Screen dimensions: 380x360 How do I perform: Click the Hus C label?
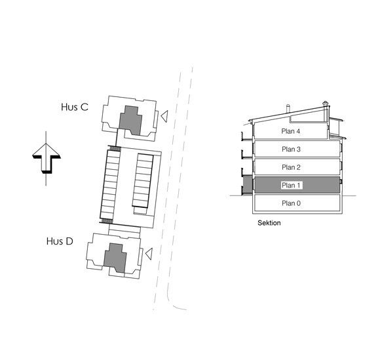pyautogui.click(x=75, y=107)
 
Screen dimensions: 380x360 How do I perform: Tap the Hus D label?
pyautogui.click(x=60, y=241)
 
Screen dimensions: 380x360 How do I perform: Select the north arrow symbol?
pyautogui.click(x=46, y=159)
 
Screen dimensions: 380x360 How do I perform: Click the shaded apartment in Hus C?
pyautogui.click(x=130, y=120)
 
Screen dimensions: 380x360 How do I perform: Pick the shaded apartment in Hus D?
pyautogui.click(x=115, y=258)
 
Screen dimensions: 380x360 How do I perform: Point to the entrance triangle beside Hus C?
pyautogui.click(x=164, y=116)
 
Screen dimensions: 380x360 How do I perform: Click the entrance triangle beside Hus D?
pyautogui.click(x=149, y=254)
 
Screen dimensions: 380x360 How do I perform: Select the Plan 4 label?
pyautogui.click(x=291, y=131)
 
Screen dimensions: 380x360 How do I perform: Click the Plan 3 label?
pyautogui.click(x=291, y=150)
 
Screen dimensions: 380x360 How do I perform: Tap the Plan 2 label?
pyautogui.click(x=291, y=167)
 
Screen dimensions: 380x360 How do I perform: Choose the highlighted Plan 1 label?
pyautogui.click(x=291, y=186)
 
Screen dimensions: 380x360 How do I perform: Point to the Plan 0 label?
pyautogui.click(x=291, y=203)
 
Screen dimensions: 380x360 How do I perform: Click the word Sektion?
pyautogui.click(x=269, y=223)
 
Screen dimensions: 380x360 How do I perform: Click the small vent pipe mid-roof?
pyautogui.click(x=288, y=108)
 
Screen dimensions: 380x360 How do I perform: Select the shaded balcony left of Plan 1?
pyautogui.click(x=247, y=186)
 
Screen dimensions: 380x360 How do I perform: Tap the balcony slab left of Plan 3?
pyautogui.click(x=247, y=157)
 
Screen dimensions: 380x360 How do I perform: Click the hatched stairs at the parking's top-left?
pyautogui.click(x=115, y=148)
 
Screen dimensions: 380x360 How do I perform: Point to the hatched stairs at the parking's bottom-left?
pyautogui.click(x=106, y=221)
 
